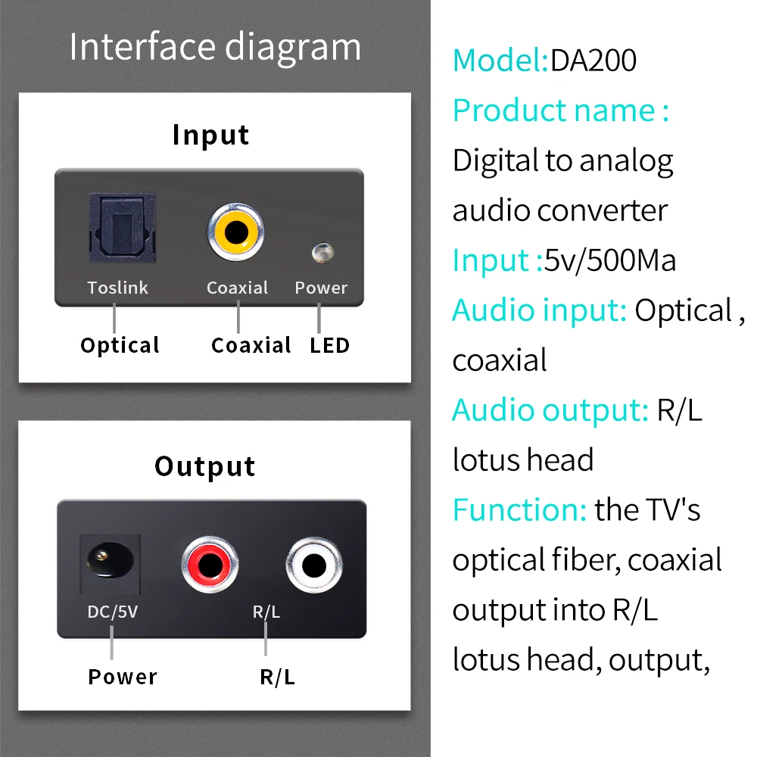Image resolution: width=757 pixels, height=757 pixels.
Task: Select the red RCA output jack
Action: pos(210,565)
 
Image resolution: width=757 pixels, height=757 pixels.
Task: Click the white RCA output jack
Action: pos(313,565)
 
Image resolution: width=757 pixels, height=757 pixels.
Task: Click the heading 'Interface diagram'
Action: pos(215,47)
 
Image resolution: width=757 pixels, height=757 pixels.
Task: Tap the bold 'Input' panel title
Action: pos(210,135)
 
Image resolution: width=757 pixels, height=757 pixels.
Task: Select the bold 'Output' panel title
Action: pos(205,466)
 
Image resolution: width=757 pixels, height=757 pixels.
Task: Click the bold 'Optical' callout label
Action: pos(120,345)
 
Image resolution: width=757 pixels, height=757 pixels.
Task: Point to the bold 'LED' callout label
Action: pos(329,345)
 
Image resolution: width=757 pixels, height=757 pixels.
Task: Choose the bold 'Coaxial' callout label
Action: pos(251,345)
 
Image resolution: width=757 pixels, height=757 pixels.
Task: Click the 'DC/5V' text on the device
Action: pos(113,612)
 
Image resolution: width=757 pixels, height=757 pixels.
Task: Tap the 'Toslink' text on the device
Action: pos(117,288)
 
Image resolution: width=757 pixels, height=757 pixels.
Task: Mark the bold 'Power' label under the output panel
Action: pos(123,677)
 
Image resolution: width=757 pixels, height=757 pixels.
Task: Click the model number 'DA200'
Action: pos(593,61)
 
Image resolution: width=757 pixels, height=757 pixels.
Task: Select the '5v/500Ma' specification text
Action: pos(610,260)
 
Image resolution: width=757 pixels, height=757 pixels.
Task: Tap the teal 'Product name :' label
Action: pos(561,111)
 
